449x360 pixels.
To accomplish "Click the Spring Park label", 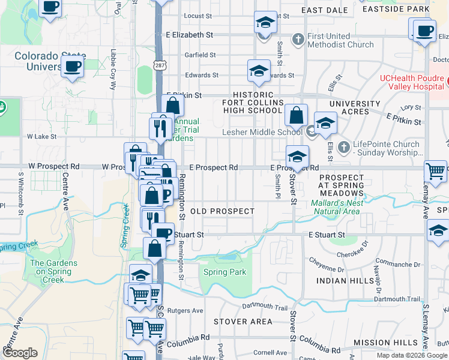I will pyautogui.click(x=224, y=272).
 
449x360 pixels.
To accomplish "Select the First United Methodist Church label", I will pyautogui.click(x=340, y=40).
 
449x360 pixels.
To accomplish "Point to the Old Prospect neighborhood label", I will pyautogui.click(x=222, y=212).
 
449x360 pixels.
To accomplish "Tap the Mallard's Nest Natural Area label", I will pyautogui.click(x=336, y=207).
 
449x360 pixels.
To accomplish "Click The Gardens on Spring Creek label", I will pyautogui.click(x=53, y=271).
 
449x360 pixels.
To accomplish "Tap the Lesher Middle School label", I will pyautogui.click(x=262, y=132).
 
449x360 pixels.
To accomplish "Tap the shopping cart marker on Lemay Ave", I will pyautogui.click(x=435, y=170).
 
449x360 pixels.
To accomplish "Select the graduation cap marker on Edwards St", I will pyautogui.click(x=259, y=70).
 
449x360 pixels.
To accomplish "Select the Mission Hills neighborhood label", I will pyautogui.click(x=385, y=343).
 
